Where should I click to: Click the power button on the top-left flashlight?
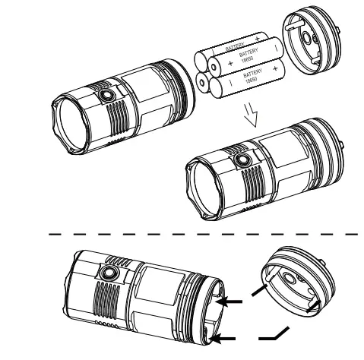click(x=104, y=95)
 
